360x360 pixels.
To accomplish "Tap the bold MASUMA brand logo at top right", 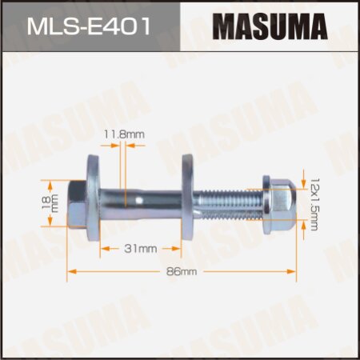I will pyautogui.click(x=270, y=26).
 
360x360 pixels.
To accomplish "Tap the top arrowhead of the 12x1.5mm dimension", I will pyautogui.click(x=304, y=170).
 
